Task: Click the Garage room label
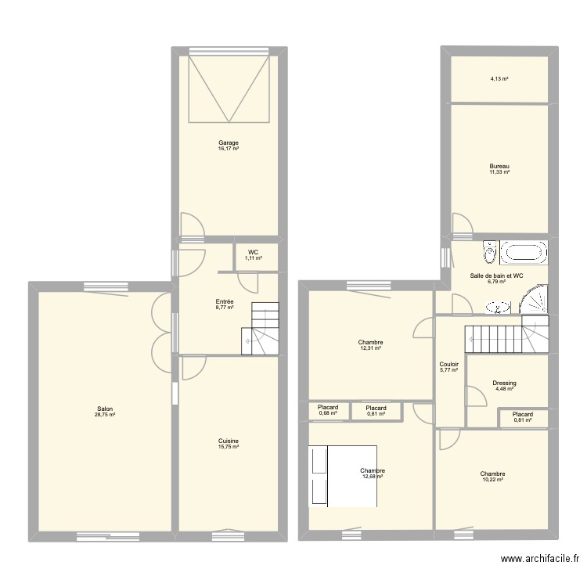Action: pyautogui.click(x=229, y=142)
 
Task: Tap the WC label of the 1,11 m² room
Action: pyautogui.click(x=253, y=252)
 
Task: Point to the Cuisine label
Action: pyautogui.click(x=229, y=441)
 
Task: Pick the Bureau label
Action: pyautogui.click(x=499, y=166)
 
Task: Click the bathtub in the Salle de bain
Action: pyautogui.click(x=524, y=253)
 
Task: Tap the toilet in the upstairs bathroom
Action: pyautogui.click(x=490, y=252)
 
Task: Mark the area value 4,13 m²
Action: pyautogui.click(x=499, y=79)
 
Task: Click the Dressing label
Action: pyautogui.click(x=504, y=383)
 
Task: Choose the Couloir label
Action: pyautogui.click(x=449, y=364)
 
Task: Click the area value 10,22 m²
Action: pyautogui.click(x=493, y=480)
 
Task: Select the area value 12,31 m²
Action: pyautogui.click(x=370, y=348)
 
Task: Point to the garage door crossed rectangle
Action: pyautogui.click(x=229, y=89)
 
